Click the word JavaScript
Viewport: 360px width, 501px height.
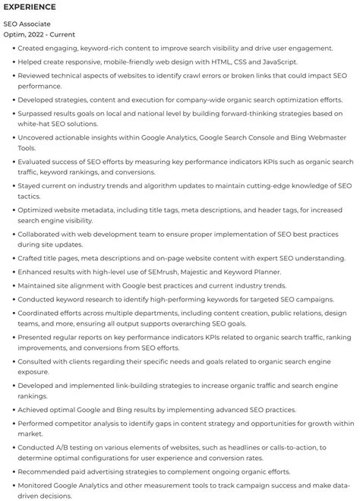274,61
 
